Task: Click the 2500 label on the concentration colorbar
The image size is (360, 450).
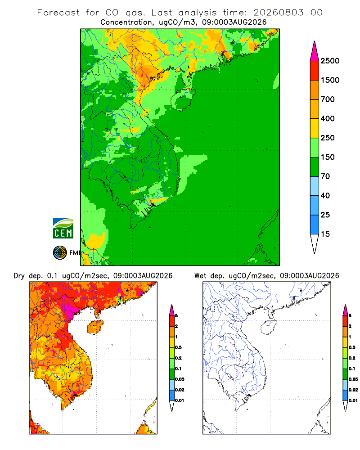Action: pyautogui.click(x=330, y=61)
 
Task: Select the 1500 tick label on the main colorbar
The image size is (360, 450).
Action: pyautogui.click(x=330, y=80)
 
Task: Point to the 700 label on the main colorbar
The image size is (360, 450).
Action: pyautogui.click(x=328, y=99)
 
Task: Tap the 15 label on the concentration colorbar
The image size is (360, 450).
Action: pyautogui.click(x=325, y=234)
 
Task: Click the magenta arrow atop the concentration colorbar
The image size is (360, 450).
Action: pyautogui.click(x=315, y=52)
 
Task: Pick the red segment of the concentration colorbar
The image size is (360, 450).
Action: pyautogui.click(x=315, y=71)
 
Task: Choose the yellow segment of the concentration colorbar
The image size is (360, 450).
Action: pyautogui.click(x=315, y=128)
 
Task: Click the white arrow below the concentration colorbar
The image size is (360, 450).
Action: pyautogui.click(x=315, y=243)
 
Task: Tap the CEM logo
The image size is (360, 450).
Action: pyautogui.click(x=63, y=229)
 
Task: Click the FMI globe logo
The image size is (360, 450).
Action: pyautogui.click(x=60, y=253)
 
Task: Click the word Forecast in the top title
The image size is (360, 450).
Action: pyautogui.click(x=58, y=13)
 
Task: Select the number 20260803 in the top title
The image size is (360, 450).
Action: pyautogui.click(x=279, y=13)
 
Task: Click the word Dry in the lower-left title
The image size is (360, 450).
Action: pyautogui.click(x=19, y=276)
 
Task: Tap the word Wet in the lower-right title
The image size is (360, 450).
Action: pyautogui.click(x=201, y=276)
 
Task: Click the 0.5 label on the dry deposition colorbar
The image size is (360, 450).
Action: pyautogui.click(x=178, y=347)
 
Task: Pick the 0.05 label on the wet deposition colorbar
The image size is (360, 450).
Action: pyautogui.click(x=353, y=379)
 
